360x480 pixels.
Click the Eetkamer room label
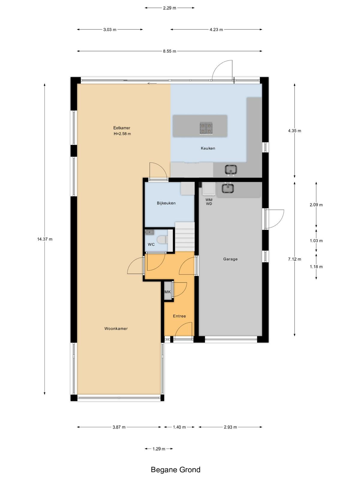pos(121,128)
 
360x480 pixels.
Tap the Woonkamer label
pos(116,328)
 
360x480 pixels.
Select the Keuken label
pos(208,148)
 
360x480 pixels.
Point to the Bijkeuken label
pos(166,203)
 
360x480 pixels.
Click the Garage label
pos(230,259)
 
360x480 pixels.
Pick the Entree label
pos(179,316)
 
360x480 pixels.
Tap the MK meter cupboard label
pos(167,292)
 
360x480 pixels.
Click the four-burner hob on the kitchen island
pos(206,128)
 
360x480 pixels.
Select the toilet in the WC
pos(163,239)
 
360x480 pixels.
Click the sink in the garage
pos(228,188)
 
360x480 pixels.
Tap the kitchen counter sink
pos(231,170)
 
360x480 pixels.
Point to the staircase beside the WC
pos(185,237)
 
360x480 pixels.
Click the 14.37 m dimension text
pos(45,239)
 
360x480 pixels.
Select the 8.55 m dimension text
pos(169,51)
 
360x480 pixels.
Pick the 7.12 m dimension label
pos(294,259)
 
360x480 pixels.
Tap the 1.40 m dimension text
pos(179,427)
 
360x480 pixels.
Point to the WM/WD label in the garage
pos(209,202)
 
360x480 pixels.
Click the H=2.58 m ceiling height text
pos(122,134)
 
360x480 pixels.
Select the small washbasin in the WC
pos(150,232)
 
